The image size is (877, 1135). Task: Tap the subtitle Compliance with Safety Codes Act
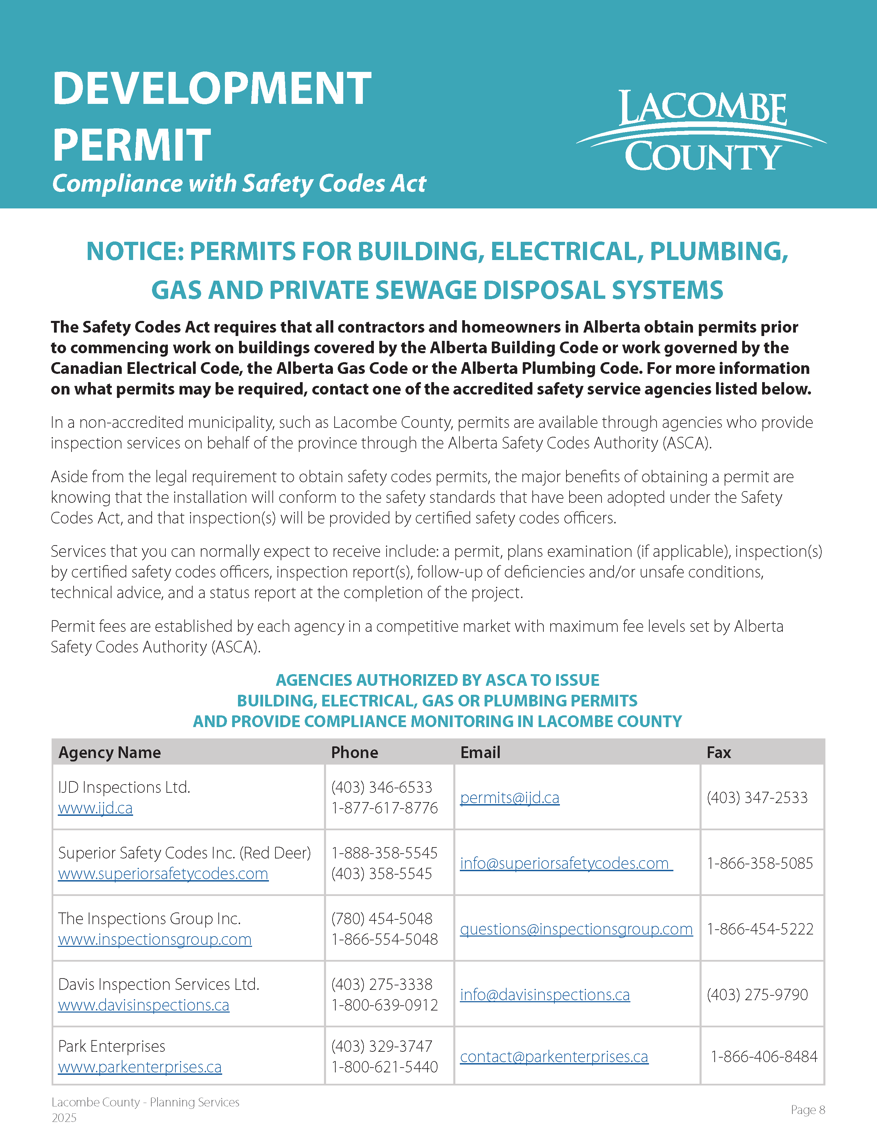tap(239, 183)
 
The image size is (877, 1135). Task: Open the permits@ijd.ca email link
tap(510, 798)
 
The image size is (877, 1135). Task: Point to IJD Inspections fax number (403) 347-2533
tap(757, 798)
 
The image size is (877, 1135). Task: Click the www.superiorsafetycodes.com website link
tap(163, 874)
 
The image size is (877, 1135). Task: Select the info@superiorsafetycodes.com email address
tap(564, 863)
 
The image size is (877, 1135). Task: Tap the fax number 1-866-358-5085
tap(760, 863)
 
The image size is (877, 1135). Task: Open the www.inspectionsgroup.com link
tap(155, 940)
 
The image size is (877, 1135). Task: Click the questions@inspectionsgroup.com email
tap(576, 929)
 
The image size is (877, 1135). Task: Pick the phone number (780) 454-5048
tap(382, 919)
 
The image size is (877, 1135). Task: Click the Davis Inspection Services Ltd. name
tap(159, 984)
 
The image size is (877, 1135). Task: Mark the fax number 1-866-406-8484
tap(764, 1057)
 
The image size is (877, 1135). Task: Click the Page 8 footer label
tap(808, 1110)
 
